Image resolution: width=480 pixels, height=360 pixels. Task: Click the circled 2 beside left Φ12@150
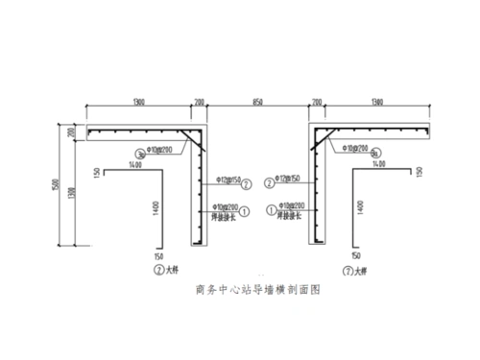(247, 183)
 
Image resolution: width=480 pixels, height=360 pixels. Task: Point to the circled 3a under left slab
(141, 152)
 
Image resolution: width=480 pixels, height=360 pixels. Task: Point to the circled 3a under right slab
(375, 152)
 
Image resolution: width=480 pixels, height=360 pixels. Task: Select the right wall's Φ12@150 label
(288, 179)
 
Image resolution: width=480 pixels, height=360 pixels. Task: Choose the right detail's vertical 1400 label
(359, 206)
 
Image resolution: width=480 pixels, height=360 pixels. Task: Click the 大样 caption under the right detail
(358, 271)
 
